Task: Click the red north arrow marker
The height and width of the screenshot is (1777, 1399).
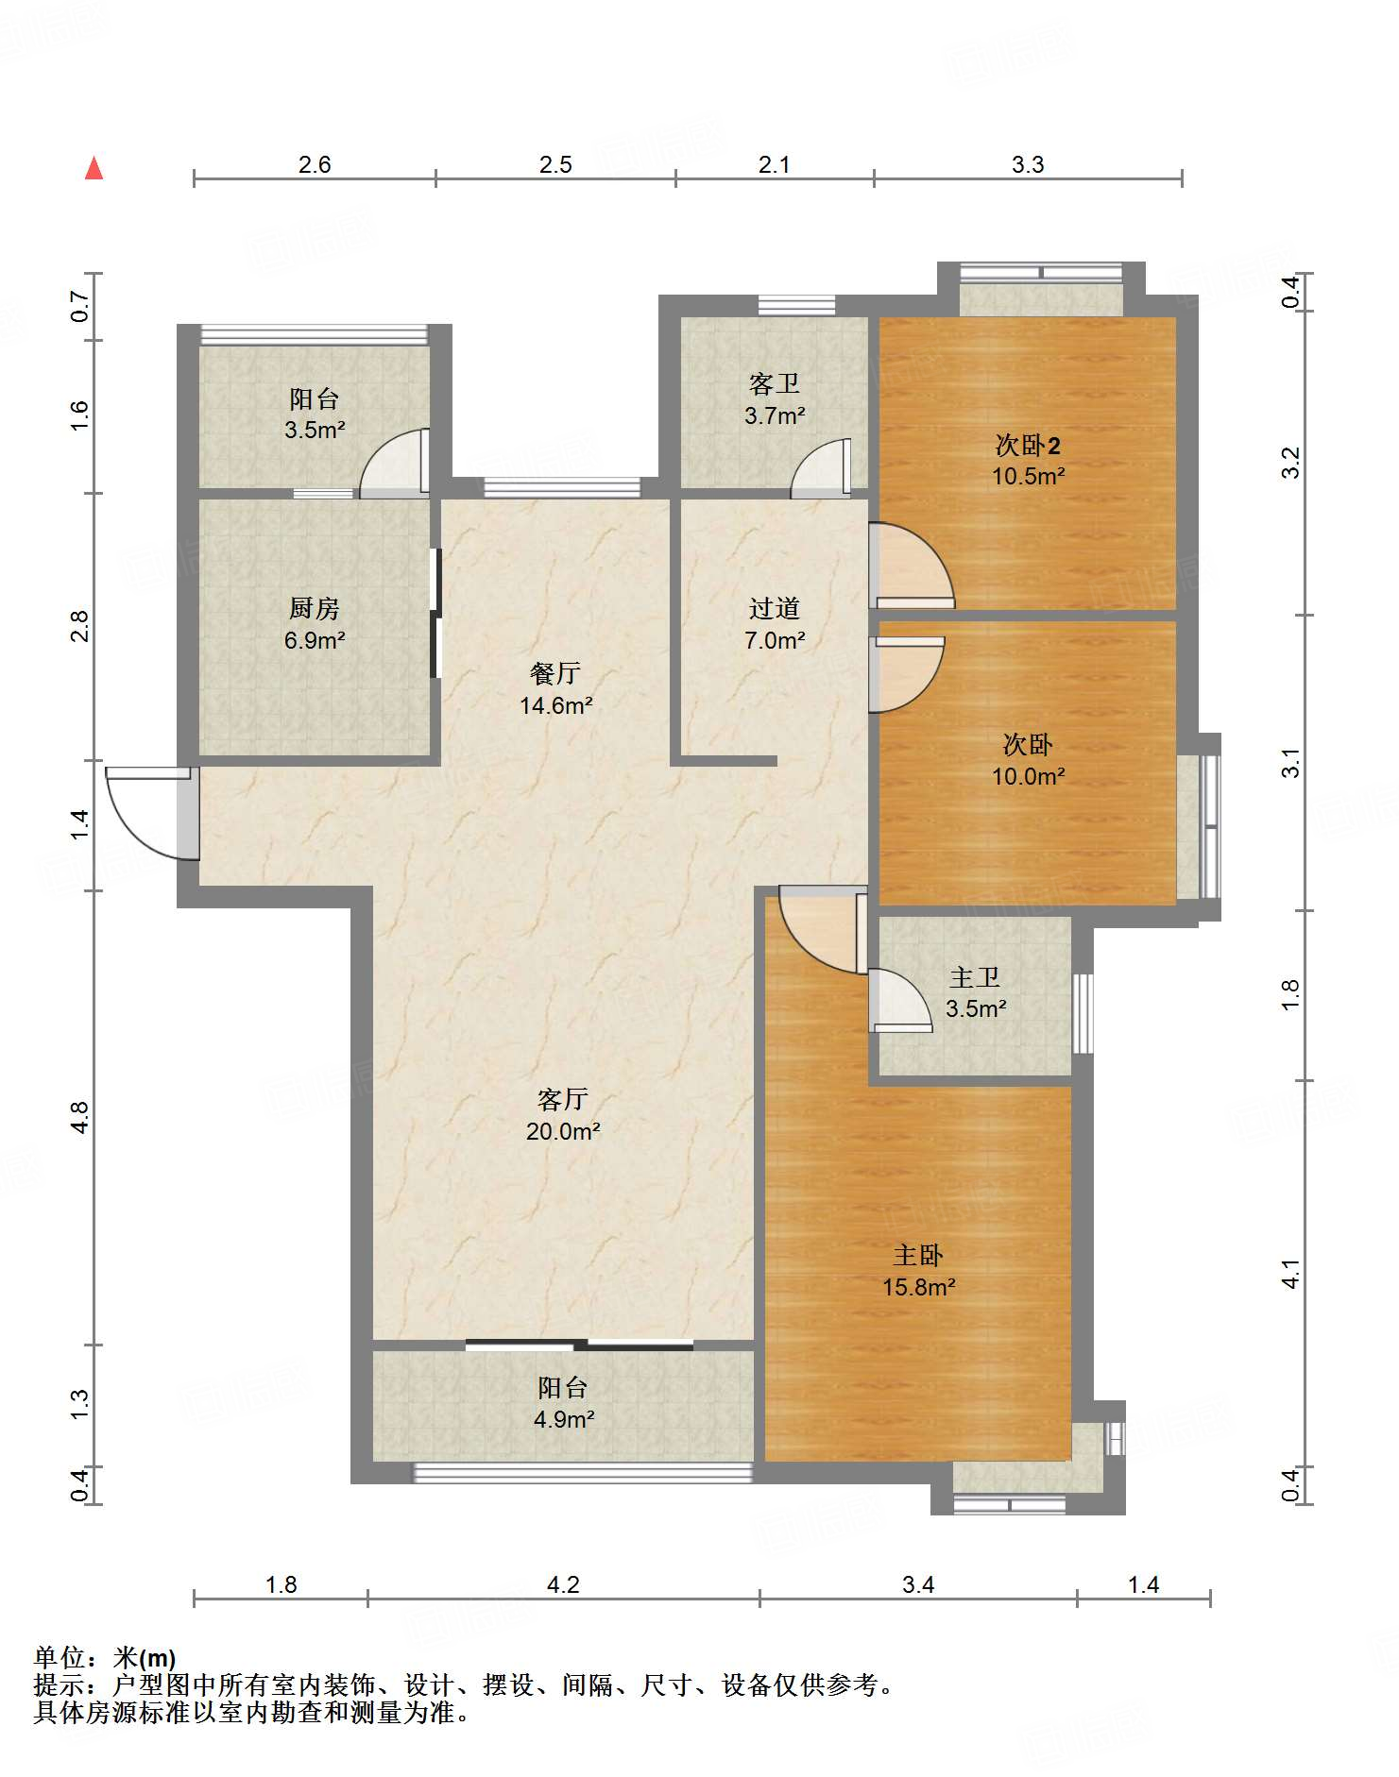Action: coord(94,168)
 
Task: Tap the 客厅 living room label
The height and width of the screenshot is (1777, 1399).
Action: coord(563,1099)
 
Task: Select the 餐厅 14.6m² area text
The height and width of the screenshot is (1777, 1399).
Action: coord(556,705)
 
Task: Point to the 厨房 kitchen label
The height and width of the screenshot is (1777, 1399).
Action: coord(315,608)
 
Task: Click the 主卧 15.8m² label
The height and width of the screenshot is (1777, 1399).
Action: coord(918,1271)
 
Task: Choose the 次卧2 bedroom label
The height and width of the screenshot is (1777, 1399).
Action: coord(1028,445)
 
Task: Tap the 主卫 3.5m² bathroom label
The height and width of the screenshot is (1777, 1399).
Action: coord(976,992)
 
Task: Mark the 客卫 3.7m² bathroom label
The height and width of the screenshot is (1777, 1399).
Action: coord(775,399)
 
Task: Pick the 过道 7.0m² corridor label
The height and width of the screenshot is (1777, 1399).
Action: coord(775,624)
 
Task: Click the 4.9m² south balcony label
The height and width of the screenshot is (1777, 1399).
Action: coord(564,1419)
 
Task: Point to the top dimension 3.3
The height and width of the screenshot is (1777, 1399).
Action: coord(1028,164)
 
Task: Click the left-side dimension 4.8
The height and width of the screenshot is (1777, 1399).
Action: coord(79,1118)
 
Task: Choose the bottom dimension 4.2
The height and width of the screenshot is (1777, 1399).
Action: coord(563,1585)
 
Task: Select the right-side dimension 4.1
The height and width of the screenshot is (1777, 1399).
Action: coord(1291,1274)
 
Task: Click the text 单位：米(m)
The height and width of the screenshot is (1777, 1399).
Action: coord(105,1658)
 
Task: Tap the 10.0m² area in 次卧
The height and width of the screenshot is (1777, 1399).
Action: coord(1028,776)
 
